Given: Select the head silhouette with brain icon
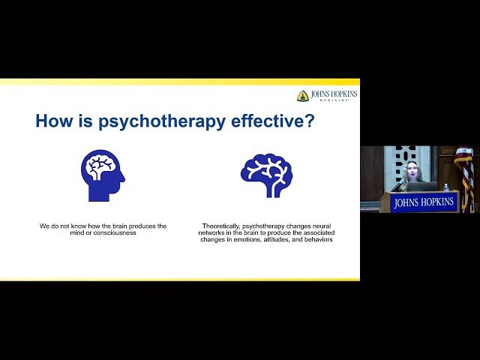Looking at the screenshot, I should click(102, 175).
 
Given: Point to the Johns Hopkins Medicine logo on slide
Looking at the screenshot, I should click(327, 95).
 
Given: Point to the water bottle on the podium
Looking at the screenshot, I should click(446, 187).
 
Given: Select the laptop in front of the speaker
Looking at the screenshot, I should click(421, 187).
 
